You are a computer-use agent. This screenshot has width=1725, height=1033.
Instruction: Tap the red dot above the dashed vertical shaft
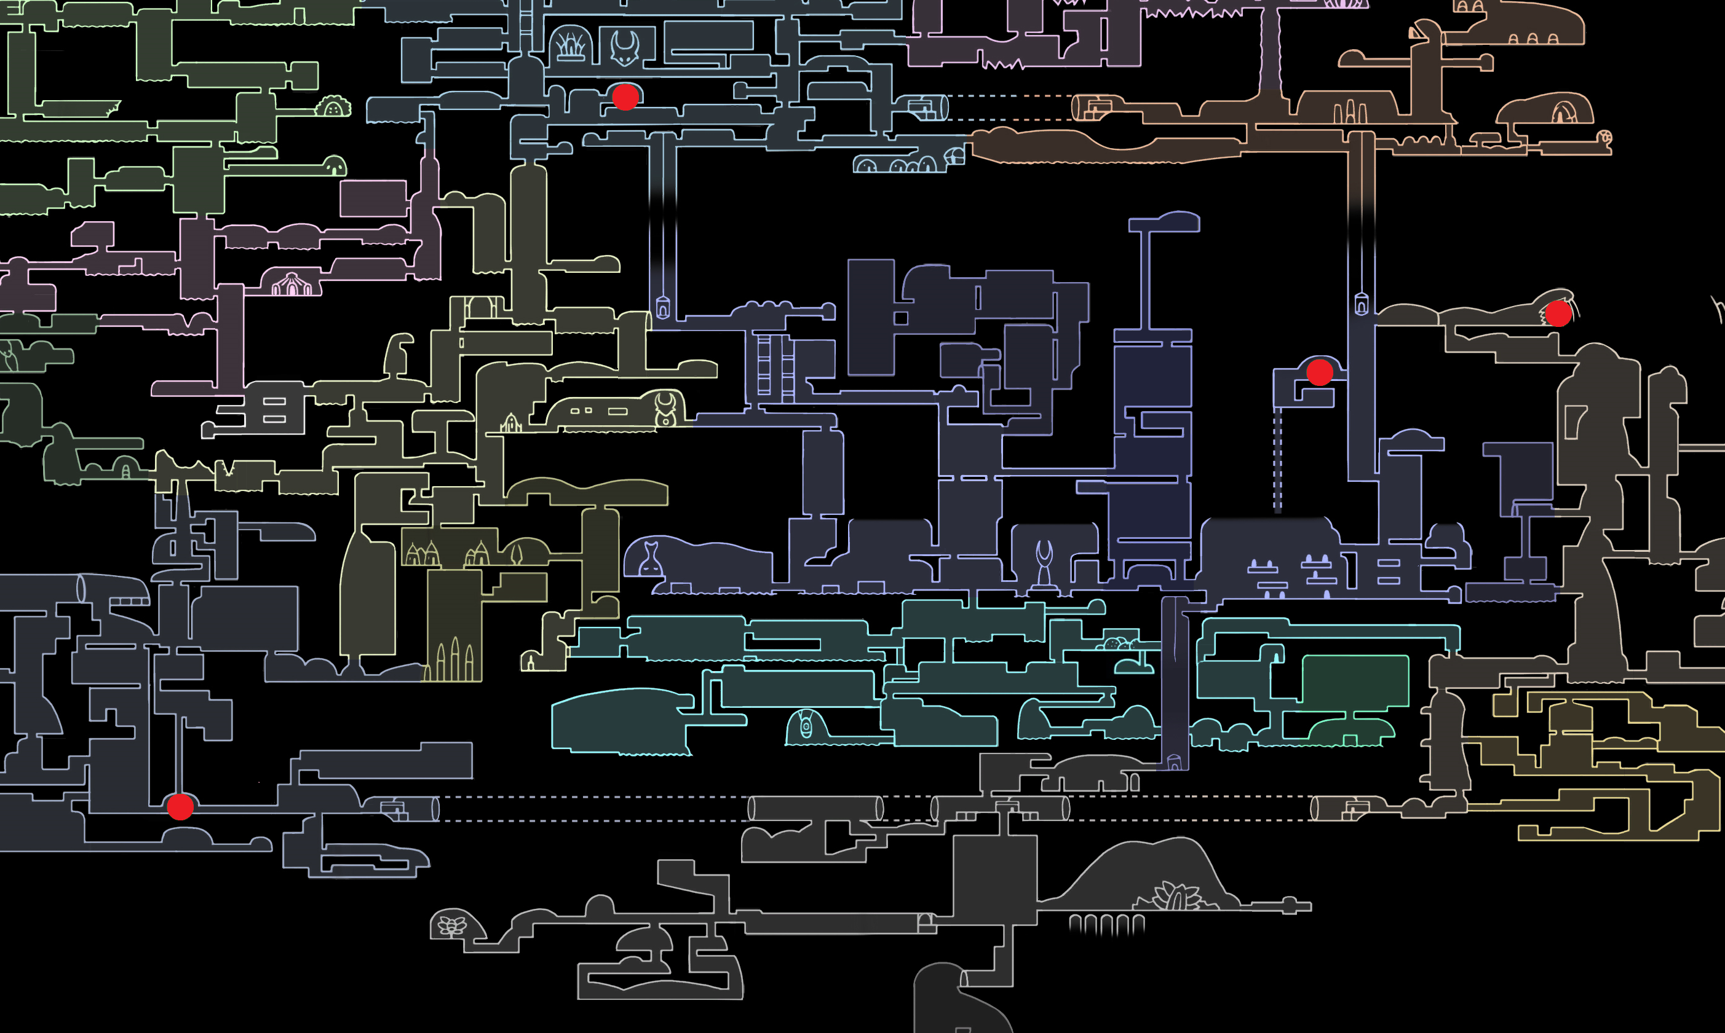[1319, 372]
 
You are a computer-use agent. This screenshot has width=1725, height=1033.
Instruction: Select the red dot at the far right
[1558, 313]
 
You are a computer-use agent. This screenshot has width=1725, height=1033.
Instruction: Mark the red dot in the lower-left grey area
[180, 807]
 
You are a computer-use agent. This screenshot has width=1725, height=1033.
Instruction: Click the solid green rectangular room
[1355, 680]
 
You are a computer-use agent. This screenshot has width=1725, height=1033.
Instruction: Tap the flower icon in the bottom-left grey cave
[452, 926]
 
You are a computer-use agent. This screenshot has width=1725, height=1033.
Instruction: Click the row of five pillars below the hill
[1106, 924]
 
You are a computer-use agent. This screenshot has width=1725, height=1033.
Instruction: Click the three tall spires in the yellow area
[454, 659]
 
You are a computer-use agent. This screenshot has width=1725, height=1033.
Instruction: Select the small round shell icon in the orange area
[1604, 137]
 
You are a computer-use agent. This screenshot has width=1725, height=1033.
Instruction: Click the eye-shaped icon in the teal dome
[806, 726]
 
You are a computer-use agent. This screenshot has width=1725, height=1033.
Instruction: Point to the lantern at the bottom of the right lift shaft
[1361, 304]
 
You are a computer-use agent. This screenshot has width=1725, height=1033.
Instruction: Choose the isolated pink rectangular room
[373, 198]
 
